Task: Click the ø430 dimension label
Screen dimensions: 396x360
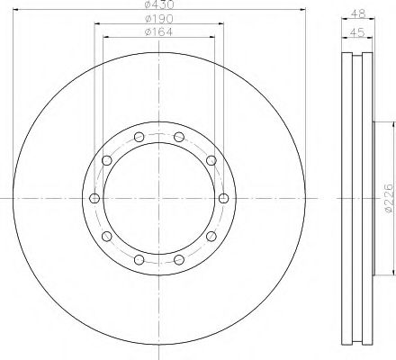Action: tap(159, 4)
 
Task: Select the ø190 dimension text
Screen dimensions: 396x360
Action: tap(159, 19)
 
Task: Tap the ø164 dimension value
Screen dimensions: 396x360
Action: tap(159, 31)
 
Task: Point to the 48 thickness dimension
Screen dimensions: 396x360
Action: tap(358, 13)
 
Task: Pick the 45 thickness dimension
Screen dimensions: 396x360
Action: tap(357, 32)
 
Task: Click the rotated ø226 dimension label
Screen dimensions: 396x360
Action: tap(388, 198)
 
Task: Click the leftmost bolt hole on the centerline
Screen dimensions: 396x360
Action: tap(94, 198)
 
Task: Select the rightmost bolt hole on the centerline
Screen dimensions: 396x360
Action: tap(223, 198)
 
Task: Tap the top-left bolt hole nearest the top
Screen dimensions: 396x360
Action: tap(139, 137)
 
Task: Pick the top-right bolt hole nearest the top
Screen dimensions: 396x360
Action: tap(179, 137)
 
